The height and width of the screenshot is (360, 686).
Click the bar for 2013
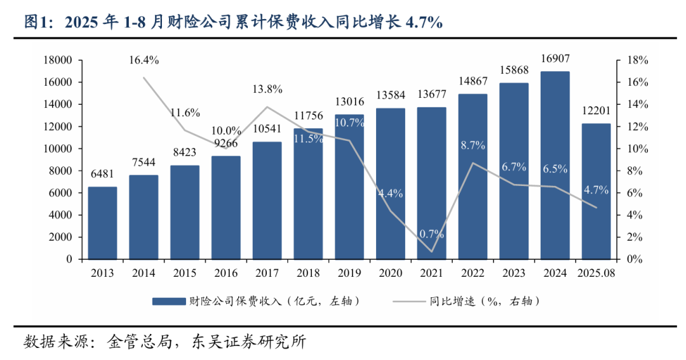click(102, 223)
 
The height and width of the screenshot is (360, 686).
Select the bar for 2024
click(555, 165)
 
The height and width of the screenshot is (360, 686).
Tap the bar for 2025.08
click(596, 191)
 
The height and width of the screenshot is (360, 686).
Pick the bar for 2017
click(267, 200)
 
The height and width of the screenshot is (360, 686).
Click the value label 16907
click(555, 61)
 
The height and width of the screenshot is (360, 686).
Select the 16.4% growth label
click(144, 60)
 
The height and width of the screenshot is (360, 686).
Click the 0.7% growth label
click(431, 234)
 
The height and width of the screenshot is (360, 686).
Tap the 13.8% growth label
click(267, 89)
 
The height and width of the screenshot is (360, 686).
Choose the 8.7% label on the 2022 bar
click(473, 145)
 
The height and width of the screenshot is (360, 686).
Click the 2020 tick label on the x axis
click(390, 272)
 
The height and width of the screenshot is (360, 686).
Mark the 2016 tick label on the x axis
click(225, 272)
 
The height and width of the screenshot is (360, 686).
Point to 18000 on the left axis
click(58, 60)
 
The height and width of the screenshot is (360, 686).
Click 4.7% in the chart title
click(424, 22)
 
